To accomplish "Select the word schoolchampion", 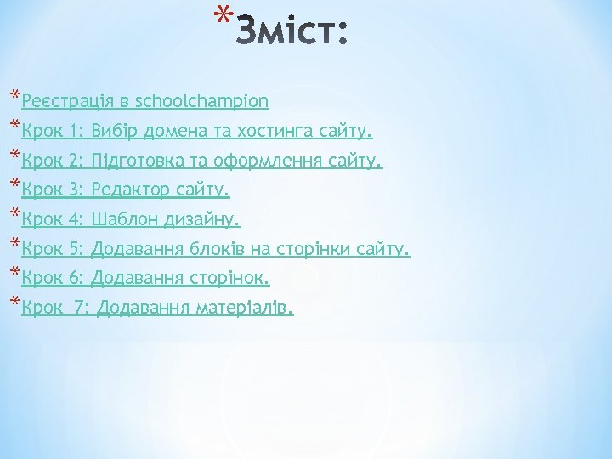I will click(202, 101).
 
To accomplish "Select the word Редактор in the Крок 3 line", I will click(131, 189).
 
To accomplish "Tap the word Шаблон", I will click(124, 219).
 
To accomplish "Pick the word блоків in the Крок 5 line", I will click(208, 249).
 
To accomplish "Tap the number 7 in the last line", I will click(81, 307).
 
